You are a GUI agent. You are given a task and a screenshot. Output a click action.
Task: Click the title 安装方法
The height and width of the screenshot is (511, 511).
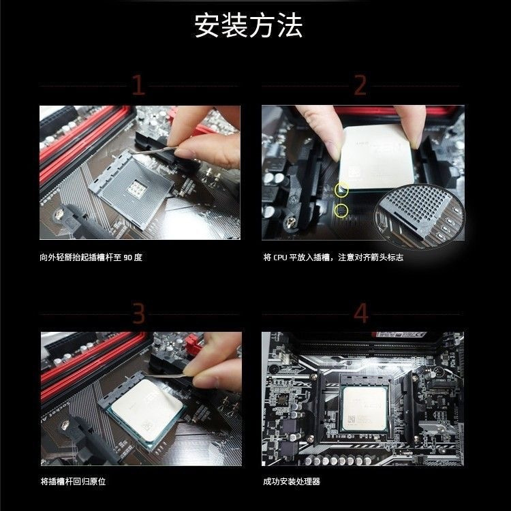[x=249, y=25]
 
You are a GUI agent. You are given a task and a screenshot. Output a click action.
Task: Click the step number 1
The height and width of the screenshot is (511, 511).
[x=138, y=85]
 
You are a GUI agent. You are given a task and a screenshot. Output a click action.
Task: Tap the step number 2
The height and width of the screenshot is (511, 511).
[x=360, y=85]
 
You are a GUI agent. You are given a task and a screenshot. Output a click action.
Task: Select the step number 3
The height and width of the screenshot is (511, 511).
[x=138, y=313]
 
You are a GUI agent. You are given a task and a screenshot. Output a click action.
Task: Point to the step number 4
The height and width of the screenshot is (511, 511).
[x=361, y=313]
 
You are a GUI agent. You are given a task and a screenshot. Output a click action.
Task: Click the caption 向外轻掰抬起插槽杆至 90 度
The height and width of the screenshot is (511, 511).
[x=91, y=258]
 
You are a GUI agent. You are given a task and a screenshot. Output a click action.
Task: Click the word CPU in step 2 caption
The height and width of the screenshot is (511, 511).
[x=280, y=258]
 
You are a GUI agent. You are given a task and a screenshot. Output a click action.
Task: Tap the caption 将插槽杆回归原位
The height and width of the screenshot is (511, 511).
[x=73, y=481]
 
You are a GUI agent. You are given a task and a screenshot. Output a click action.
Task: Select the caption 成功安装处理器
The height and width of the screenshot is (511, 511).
[x=292, y=481]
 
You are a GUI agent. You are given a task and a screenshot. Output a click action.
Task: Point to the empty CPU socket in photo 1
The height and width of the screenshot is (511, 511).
[x=131, y=189]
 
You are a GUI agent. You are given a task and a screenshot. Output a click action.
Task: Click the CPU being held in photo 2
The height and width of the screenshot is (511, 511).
[x=376, y=157]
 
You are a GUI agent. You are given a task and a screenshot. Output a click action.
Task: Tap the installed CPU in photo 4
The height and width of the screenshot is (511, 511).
[x=365, y=409]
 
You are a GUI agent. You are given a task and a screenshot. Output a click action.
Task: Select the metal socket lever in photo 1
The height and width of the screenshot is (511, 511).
[x=153, y=151]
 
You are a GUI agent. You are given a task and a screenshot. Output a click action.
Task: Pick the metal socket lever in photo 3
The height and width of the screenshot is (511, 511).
[x=166, y=375]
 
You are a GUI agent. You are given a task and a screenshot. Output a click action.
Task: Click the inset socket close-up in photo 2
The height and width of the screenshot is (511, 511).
[x=420, y=217]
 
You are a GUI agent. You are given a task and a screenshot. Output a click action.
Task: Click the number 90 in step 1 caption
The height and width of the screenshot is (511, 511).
[x=128, y=258]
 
